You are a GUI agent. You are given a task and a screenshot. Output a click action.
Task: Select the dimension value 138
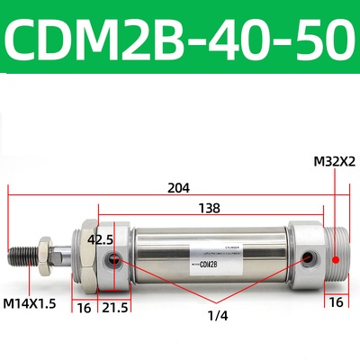click(209, 208)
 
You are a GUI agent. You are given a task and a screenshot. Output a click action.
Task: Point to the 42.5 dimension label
click(100, 240)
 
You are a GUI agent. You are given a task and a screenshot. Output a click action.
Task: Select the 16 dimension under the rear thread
click(333, 303)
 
